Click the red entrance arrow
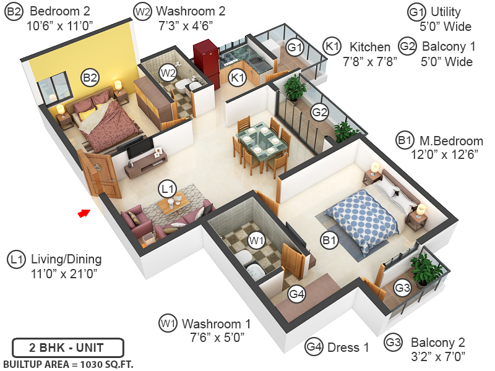point(82,213)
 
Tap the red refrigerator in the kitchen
point(205,62)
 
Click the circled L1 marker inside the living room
point(168,187)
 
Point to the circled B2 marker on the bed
point(90,78)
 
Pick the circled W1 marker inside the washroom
point(256,239)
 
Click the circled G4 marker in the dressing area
point(297,294)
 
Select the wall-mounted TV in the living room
point(141,147)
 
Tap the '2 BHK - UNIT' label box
point(67,347)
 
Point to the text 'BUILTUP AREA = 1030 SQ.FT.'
point(68,364)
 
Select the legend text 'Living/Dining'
point(66,259)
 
